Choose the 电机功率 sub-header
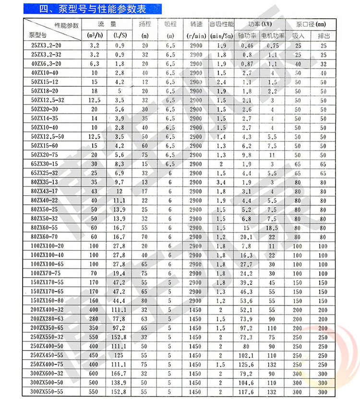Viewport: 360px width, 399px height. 272,35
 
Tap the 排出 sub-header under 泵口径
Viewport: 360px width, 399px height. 323,35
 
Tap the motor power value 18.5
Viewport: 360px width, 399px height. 272,228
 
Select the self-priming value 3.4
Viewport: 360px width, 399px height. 221,182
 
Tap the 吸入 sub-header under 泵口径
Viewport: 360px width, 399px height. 298,35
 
